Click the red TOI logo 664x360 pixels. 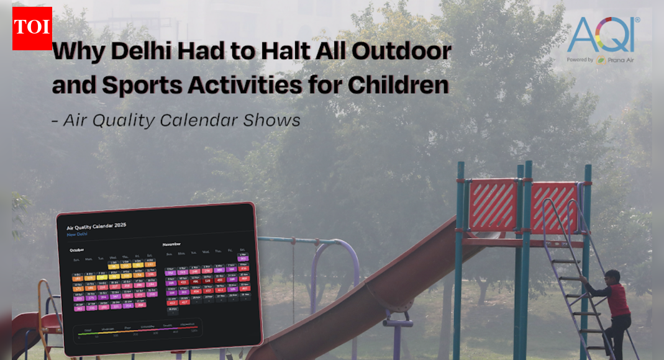[x=32, y=28]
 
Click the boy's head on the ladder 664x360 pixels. [x=612, y=276]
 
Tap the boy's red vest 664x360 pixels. [x=619, y=299]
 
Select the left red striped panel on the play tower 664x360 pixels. [x=493, y=204]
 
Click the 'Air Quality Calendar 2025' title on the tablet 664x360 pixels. [x=96, y=225]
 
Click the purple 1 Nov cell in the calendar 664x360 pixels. [x=242, y=259]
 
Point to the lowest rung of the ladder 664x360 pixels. [x=589, y=348]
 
